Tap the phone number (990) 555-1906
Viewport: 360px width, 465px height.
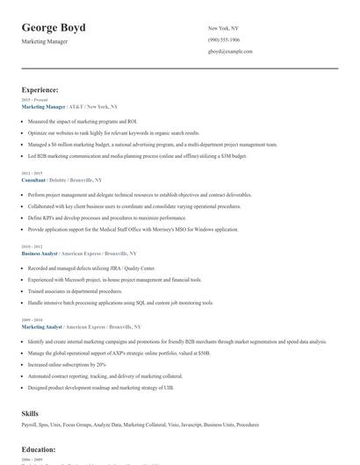[x=224, y=40]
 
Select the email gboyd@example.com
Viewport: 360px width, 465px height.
[x=230, y=52]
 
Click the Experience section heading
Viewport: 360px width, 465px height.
[x=40, y=89]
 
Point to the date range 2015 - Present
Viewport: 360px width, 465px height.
[x=34, y=100]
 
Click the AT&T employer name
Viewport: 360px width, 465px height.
[x=75, y=106]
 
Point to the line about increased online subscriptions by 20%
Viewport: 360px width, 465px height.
[x=67, y=363]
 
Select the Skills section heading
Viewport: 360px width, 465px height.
[x=30, y=411]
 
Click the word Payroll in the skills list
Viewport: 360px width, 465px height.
[x=29, y=425]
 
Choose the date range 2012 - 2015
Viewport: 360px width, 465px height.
[x=31, y=173]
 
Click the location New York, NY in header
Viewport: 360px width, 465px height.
[x=223, y=28]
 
